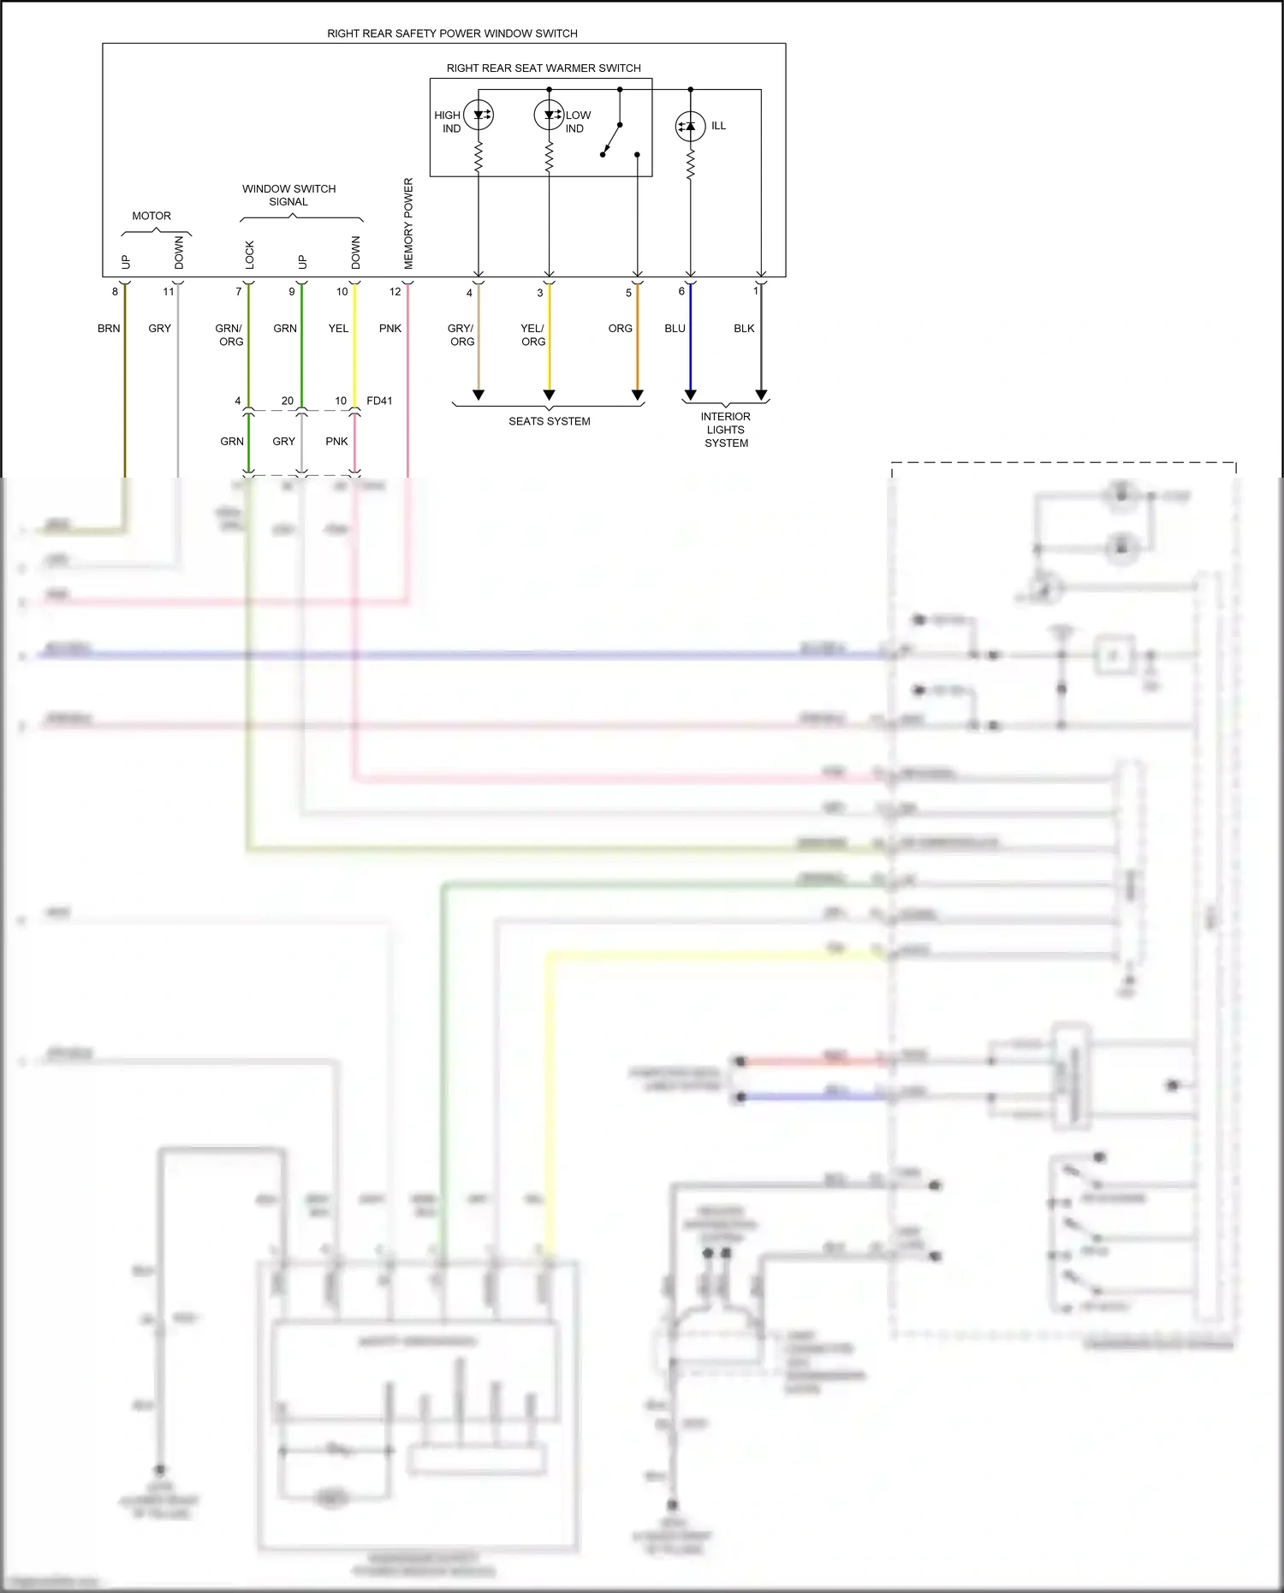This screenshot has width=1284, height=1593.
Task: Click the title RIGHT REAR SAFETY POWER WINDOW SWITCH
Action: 452,33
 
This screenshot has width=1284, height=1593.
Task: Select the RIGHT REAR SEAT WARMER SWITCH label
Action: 543,68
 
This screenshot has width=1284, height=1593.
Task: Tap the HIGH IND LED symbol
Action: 479,115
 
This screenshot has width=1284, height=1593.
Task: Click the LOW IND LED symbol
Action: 549,115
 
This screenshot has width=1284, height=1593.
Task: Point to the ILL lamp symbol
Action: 690,127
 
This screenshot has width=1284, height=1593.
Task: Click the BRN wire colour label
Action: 109,329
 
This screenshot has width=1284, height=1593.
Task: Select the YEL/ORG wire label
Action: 532,335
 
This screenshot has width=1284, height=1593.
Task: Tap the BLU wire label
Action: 675,329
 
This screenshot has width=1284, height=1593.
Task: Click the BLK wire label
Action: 744,329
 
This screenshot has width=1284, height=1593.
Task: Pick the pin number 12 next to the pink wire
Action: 395,292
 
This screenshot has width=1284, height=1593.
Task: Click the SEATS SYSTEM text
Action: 549,421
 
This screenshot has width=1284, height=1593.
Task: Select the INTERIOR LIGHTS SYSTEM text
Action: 726,430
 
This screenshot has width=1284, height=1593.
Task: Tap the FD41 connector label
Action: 379,401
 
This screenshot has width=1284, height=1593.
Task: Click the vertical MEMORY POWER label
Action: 408,223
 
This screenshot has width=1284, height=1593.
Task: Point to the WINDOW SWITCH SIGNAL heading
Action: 288,195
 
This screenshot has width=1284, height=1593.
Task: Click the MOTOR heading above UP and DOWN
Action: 152,216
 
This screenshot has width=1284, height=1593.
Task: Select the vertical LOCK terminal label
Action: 250,254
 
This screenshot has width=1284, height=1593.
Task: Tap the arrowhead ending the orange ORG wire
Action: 637,395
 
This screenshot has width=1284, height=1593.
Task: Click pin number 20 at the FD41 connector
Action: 287,401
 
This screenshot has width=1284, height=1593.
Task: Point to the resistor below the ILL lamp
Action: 690,164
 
